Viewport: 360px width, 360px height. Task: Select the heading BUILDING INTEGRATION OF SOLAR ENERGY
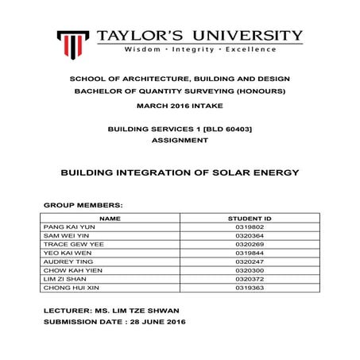click(x=180, y=172)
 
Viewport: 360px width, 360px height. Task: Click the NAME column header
click(x=110, y=218)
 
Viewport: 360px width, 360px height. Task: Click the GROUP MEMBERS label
click(x=83, y=204)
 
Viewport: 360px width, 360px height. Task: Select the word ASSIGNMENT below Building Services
click(x=180, y=140)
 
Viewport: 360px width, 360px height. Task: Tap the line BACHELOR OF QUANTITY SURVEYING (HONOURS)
click(x=180, y=91)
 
